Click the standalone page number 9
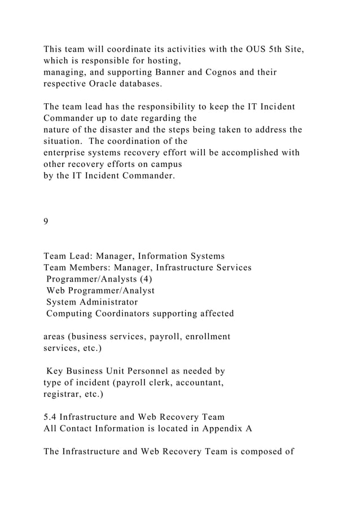46,221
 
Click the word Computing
72,313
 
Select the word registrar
63,394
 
